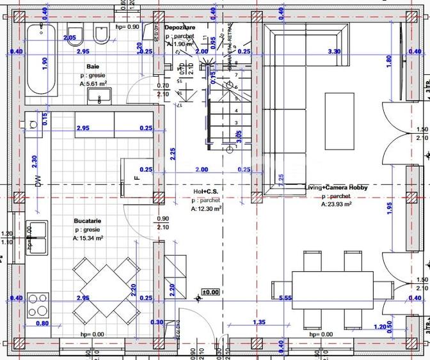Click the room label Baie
[x=93, y=67]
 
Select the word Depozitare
[x=179, y=28]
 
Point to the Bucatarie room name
[x=88, y=221]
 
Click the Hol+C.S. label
[x=206, y=191]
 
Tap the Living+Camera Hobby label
[x=336, y=187]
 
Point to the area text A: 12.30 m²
[x=206, y=208]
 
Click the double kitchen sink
[x=37, y=239]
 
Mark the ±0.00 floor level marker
[x=210, y=292]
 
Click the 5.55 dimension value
[x=285, y=298]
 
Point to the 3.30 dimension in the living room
[x=333, y=51]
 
